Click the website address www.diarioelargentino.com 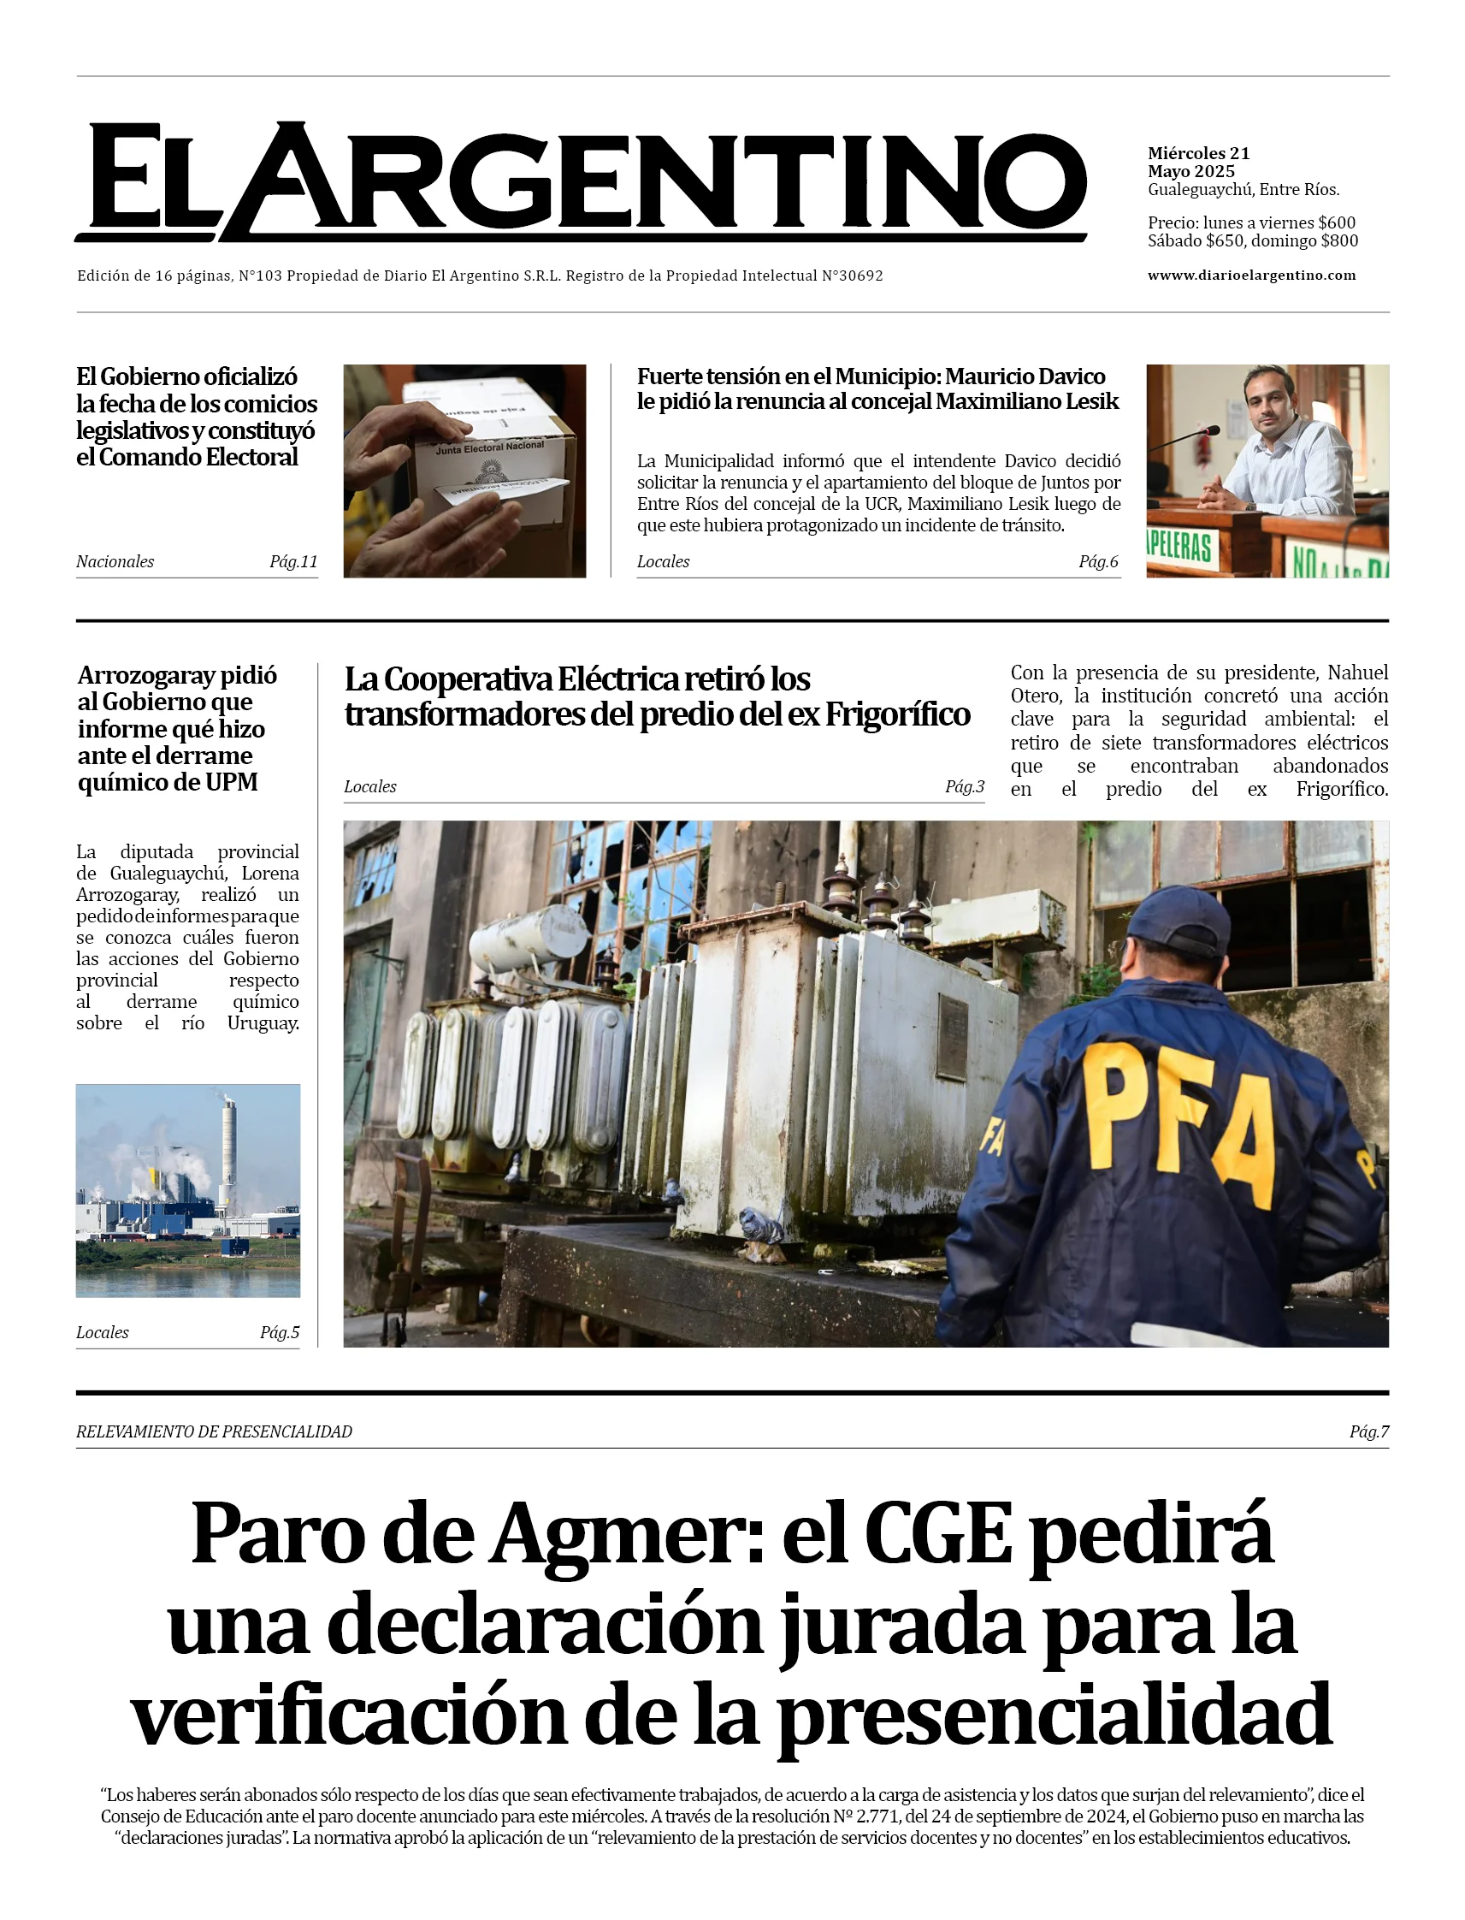[x=1251, y=276]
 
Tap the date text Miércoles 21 [x=1198, y=153]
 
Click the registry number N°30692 [x=852, y=276]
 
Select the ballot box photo [x=464, y=471]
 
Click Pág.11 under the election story [x=293, y=562]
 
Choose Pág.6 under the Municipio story [x=1098, y=562]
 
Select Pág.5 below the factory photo [x=279, y=1332]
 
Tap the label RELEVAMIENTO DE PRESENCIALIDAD [x=214, y=1431]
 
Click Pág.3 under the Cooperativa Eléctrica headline [x=965, y=787]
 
